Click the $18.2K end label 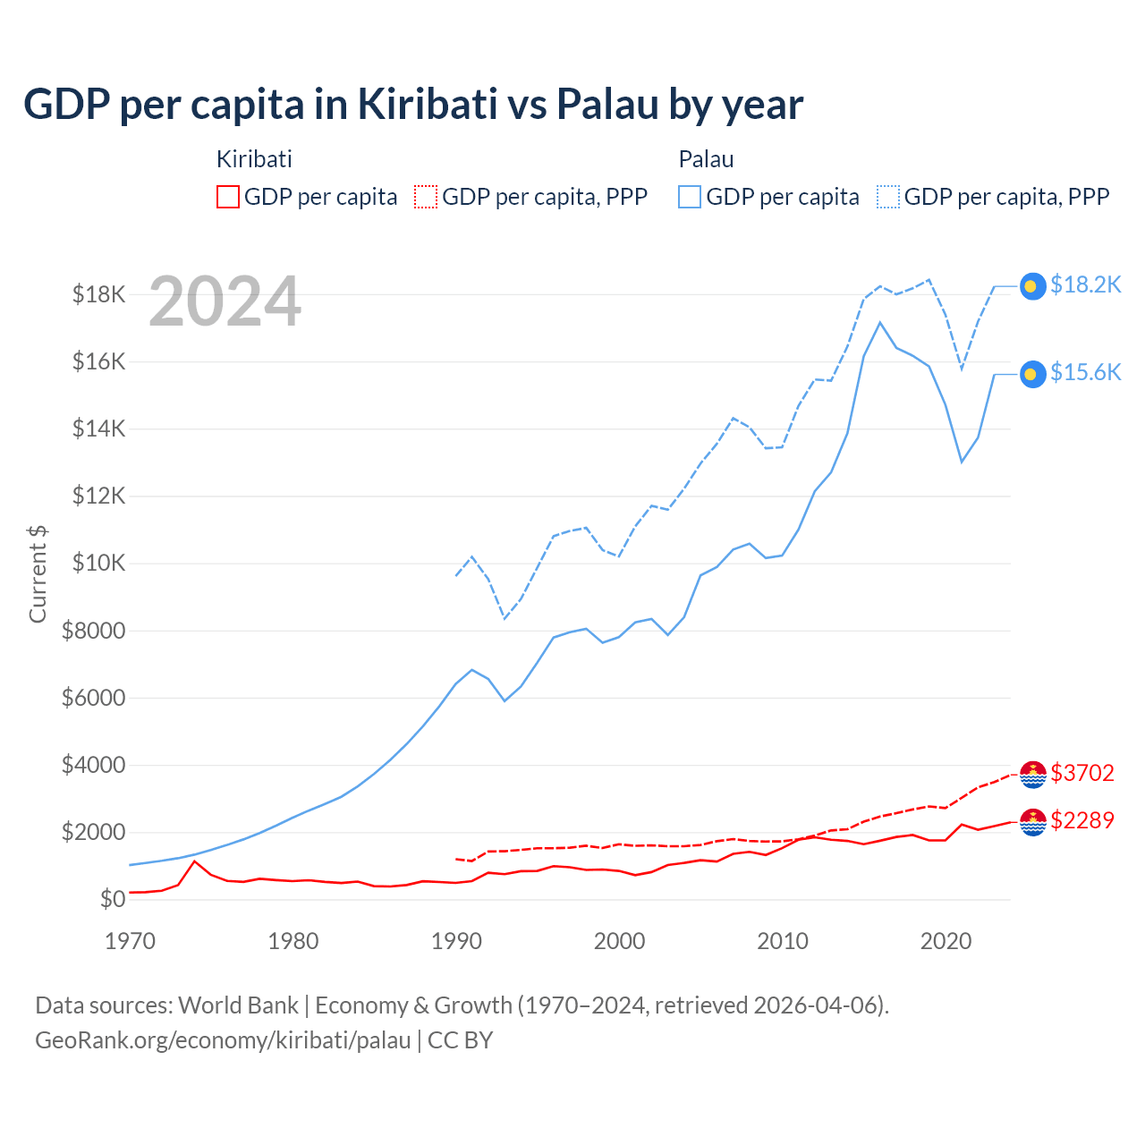tap(1085, 284)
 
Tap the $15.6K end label tap(1085, 372)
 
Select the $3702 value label tap(1082, 773)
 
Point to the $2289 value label tap(1082, 820)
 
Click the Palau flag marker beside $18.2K tap(1032, 285)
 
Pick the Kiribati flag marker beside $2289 tap(1033, 821)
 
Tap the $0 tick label tap(113, 899)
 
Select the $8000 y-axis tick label tap(93, 631)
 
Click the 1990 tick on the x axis tap(456, 941)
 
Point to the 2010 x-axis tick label tap(783, 941)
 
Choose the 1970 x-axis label tap(131, 941)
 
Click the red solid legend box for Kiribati tap(228, 197)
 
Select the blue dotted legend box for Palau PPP tap(888, 197)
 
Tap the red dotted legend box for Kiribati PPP tap(427, 197)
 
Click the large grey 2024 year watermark tap(225, 301)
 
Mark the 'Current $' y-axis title tap(38, 574)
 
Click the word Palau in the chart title tap(606, 105)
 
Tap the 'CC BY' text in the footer tap(460, 1040)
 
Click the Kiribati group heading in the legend tap(254, 159)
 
